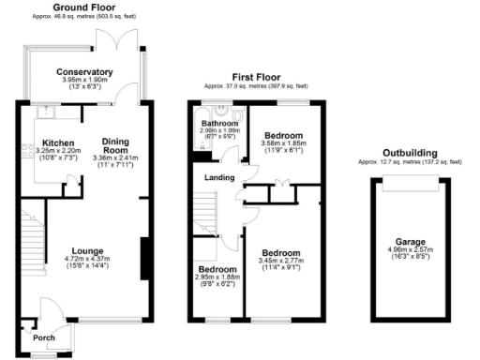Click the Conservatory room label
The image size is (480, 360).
click(84, 72)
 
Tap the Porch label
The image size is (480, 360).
click(43, 338)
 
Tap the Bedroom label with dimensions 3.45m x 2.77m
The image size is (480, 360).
click(281, 253)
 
